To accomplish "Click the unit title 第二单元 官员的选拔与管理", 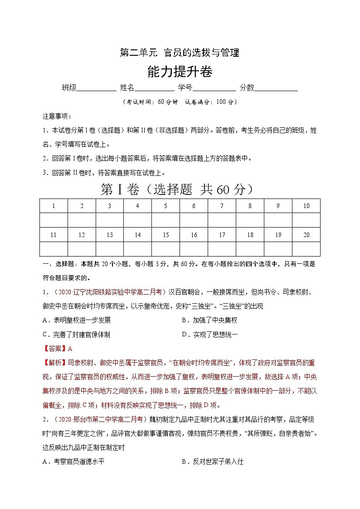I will [x=179, y=53].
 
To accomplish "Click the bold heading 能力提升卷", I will [x=180, y=72].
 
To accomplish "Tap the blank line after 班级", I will [x=97, y=88].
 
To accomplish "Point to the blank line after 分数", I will [x=276, y=88].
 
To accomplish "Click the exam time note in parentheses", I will [x=180, y=102].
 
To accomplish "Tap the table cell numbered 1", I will [x=54, y=206].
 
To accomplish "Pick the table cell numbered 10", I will [x=306, y=206].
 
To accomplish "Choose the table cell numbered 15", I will [x=165, y=235].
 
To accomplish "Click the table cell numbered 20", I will [x=306, y=235].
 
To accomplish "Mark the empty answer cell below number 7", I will [x=222, y=220].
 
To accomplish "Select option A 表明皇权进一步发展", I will [x=77, y=320].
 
